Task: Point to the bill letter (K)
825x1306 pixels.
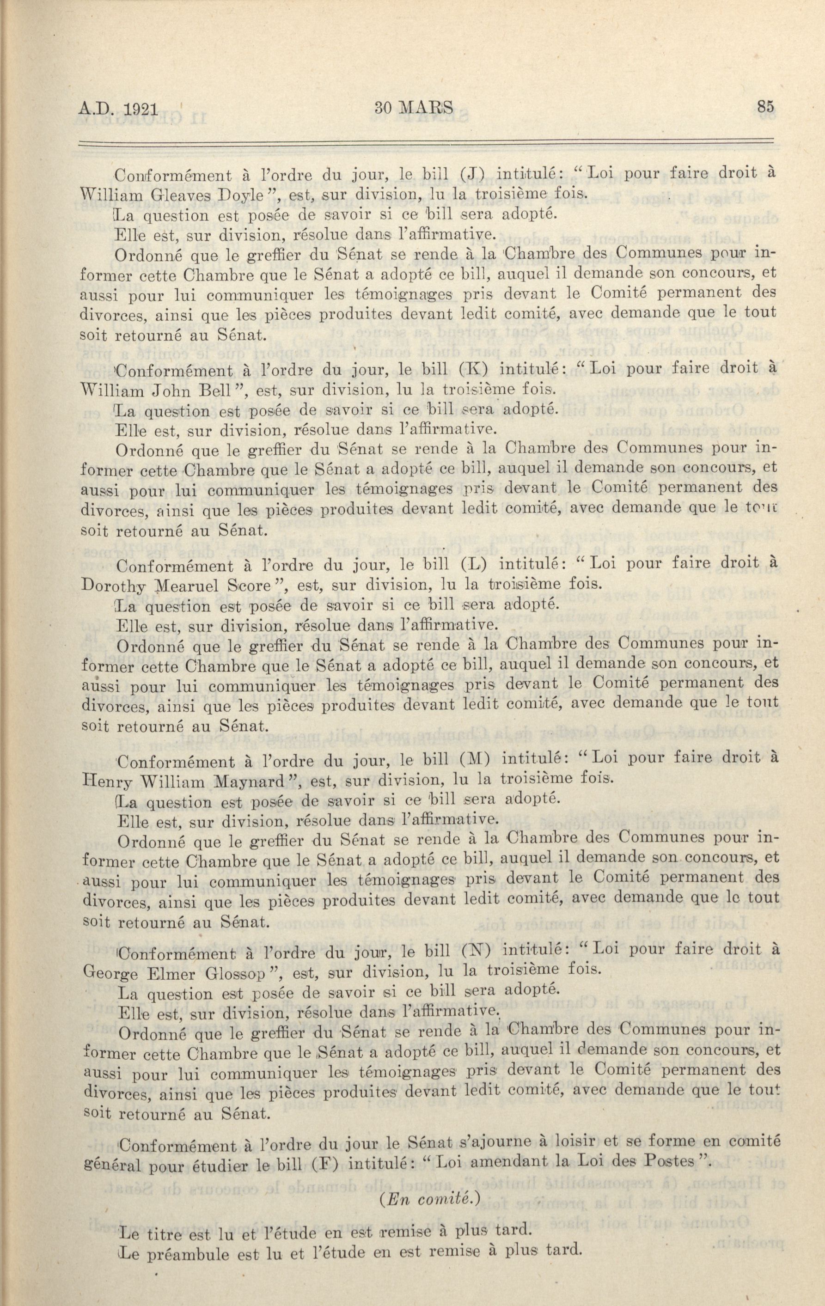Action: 468,370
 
